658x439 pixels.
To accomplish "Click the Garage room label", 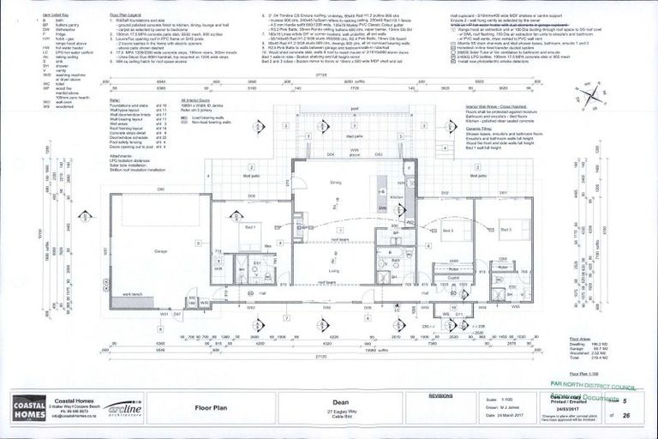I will (x=160, y=250).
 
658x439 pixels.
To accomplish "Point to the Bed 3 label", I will (x=506, y=230).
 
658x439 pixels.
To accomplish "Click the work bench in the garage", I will (x=138, y=295).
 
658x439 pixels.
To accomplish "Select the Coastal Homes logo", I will (x=27, y=405).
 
